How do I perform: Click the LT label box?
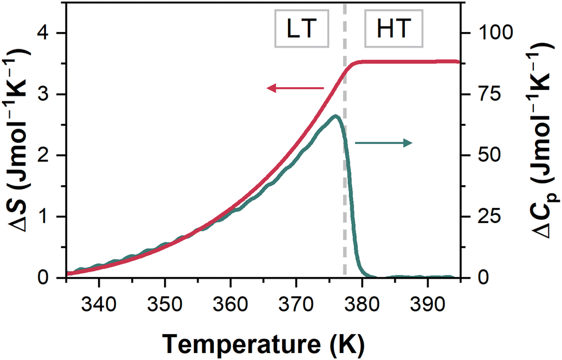point(302,28)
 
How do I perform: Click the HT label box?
point(394,28)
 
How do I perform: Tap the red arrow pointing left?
point(296,88)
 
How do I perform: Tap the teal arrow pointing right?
point(383,143)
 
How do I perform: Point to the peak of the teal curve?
point(336,116)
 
